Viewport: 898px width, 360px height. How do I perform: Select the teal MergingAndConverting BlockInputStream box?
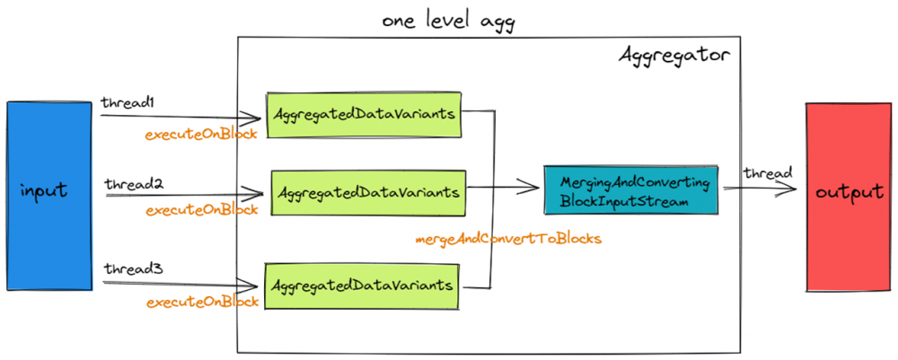tap(631, 189)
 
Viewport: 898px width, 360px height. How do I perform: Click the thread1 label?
tap(128, 103)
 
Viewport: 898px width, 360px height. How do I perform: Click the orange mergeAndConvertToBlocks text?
tap(507, 239)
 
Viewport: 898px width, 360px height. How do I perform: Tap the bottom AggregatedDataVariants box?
tap(361, 285)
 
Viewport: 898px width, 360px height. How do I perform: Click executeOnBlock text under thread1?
tap(202, 134)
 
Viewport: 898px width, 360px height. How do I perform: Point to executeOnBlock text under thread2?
tap(202, 209)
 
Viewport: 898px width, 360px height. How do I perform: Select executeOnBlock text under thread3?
tap(202, 302)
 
